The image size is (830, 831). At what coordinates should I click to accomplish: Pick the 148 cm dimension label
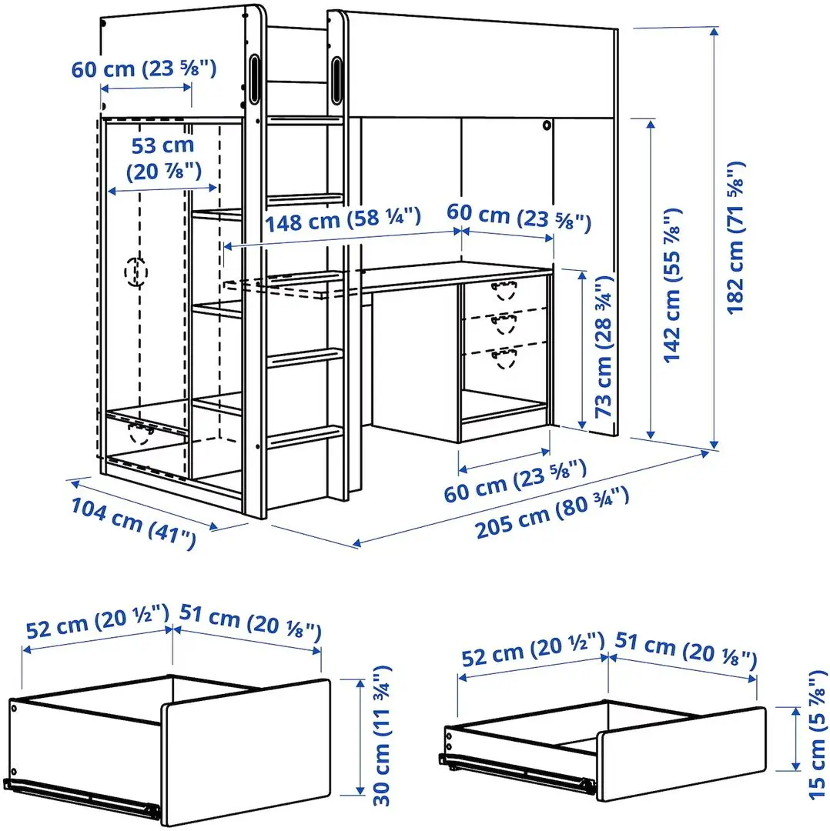tap(343, 222)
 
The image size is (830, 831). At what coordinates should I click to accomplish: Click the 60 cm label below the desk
tap(515, 479)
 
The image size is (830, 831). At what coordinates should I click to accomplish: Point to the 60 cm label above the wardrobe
tap(144, 68)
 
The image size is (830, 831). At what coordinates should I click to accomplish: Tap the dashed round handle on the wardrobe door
tap(136, 271)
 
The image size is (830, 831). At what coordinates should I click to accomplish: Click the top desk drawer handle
tap(504, 289)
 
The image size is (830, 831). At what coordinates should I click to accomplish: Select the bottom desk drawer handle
tap(504, 358)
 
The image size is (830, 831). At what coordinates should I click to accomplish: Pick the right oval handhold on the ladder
tap(337, 78)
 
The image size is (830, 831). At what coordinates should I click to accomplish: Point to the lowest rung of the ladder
tap(305, 436)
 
